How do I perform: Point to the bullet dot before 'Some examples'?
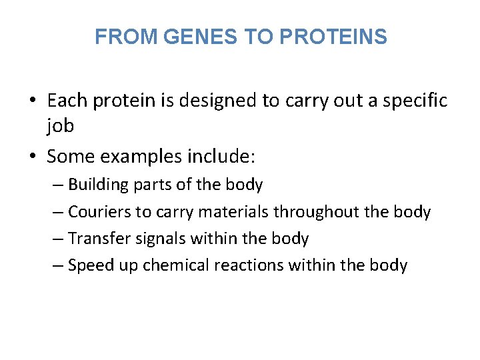[x=32, y=157]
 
